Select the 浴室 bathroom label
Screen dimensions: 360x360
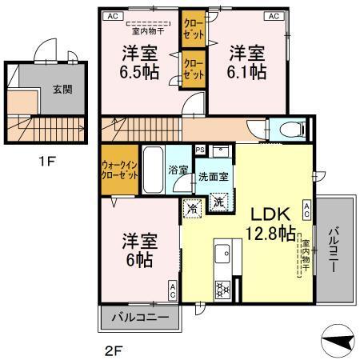[178, 170]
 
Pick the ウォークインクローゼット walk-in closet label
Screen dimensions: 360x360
[119, 170]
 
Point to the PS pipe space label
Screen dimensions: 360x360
[200, 149]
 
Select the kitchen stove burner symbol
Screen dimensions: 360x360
[222, 287]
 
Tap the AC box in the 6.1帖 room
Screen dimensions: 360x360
[274, 15]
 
